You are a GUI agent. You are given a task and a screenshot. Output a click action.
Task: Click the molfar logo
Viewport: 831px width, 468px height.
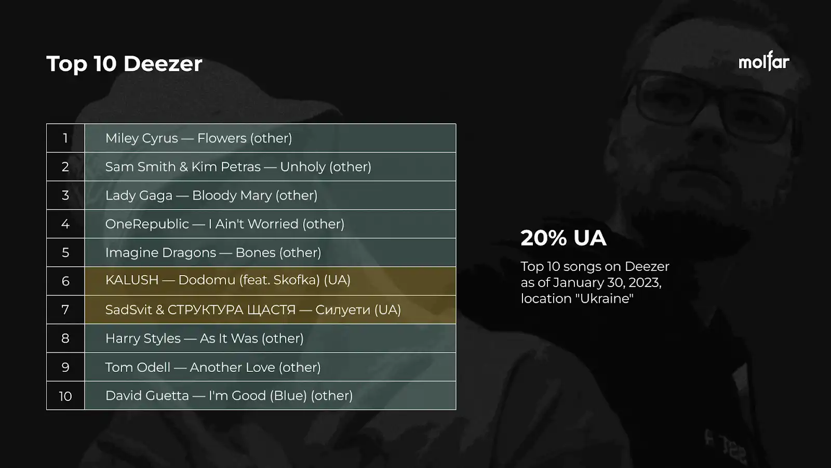[x=763, y=61]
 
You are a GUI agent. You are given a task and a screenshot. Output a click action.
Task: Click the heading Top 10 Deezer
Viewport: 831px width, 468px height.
[x=124, y=63]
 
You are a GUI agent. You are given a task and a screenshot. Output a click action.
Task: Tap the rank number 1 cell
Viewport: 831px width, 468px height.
[x=65, y=138]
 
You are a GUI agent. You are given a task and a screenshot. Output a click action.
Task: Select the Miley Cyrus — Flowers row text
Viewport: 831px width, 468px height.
[x=198, y=138]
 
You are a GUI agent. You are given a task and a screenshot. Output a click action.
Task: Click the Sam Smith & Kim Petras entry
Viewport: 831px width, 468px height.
[x=238, y=167]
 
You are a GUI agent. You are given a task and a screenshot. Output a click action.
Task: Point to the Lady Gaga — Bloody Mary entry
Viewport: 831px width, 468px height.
[x=211, y=196]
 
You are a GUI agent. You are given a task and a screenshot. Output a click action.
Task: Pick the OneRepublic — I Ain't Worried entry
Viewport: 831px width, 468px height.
[x=225, y=224]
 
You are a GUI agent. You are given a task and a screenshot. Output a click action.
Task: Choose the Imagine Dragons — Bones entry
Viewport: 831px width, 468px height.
[x=213, y=253]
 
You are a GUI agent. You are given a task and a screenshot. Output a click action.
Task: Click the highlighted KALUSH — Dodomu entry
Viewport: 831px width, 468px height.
[x=228, y=280]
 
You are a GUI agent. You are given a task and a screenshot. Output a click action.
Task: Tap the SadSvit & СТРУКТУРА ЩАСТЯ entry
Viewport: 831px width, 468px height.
[x=253, y=310]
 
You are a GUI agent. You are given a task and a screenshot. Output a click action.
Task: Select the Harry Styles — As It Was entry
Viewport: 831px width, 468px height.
[x=205, y=339]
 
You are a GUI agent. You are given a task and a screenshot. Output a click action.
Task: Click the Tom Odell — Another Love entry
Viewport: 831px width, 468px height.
[x=213, y=367]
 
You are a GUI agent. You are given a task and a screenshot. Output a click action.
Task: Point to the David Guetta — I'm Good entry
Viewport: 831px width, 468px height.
[x=229, y=396]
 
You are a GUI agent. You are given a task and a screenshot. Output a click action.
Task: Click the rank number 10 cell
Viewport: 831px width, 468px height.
[x=65, y=396]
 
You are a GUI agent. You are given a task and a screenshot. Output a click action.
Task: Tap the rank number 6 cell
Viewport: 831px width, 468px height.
[x=65, y=281]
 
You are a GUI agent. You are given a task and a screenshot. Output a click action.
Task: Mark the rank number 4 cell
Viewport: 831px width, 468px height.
[x=65, y=224]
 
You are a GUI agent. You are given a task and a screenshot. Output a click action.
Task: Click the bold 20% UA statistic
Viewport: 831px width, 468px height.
[x=564, y=238]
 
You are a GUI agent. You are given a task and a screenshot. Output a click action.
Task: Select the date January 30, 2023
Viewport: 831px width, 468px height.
[x=607, y=283]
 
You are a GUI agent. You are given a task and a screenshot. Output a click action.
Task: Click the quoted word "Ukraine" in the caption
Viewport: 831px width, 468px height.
[x=605, y=298]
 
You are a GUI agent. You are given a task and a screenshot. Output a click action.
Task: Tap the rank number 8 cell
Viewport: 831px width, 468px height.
[x=65, y=339]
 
